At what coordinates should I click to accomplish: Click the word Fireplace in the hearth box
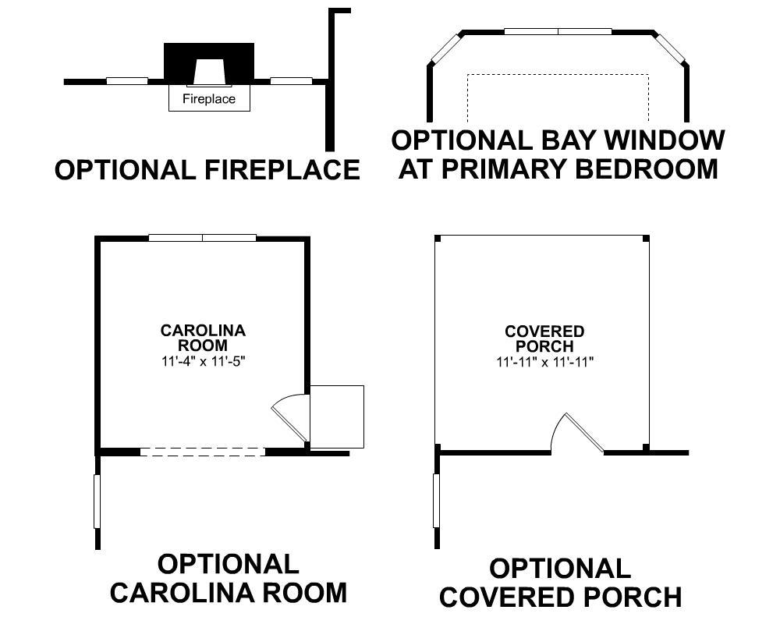(x=209, y=99)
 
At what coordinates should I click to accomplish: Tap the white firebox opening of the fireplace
(x=209, y=73)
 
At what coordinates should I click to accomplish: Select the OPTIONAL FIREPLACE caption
(x=207, y=169)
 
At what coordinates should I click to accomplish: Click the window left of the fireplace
(x=127, y=80)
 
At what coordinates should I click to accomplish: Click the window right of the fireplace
(x=291, y=80)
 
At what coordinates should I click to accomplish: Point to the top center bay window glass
(x=558, y=31)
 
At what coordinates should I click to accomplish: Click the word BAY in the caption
(x=548, y=141)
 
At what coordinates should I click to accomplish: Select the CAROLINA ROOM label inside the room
(x=203, y=338)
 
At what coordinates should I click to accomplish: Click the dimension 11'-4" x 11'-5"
(x=203, y=360)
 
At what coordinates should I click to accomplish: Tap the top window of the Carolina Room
(x=203, y=237)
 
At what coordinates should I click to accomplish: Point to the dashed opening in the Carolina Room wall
(x=203, y=451)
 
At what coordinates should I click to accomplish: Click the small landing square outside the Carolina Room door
(x=337, y=417)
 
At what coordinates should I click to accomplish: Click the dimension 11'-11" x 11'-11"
(x=544, y=362)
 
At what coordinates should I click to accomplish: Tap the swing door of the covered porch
(x=580, y=433)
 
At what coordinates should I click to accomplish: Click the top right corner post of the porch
(x=646, y=238)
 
